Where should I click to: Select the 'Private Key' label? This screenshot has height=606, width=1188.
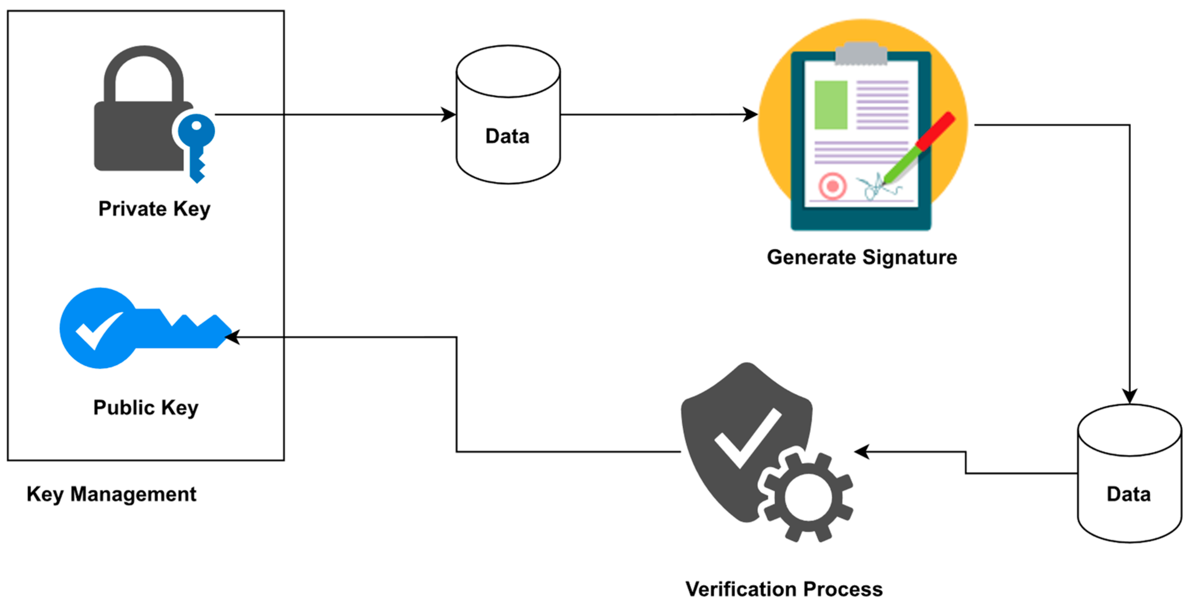tap(154, 209)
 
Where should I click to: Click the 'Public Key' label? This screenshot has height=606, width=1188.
tap(146, 408)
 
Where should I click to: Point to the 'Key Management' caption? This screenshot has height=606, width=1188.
tap(111, 494)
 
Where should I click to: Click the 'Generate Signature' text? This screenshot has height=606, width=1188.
tap(861, 257)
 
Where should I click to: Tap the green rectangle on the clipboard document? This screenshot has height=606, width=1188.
tap(830, 105)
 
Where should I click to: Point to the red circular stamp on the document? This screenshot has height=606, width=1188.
tap(832, 186)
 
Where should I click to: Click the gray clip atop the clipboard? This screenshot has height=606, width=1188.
tap(861, 53)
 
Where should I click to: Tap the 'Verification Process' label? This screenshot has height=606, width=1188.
tap(784, 589)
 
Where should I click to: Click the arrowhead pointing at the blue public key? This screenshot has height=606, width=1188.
tap(232, 337)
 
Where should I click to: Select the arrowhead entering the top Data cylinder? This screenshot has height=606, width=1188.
tap(448, 114)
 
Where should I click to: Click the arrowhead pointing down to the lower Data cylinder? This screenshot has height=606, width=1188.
tap(1129, 396)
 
